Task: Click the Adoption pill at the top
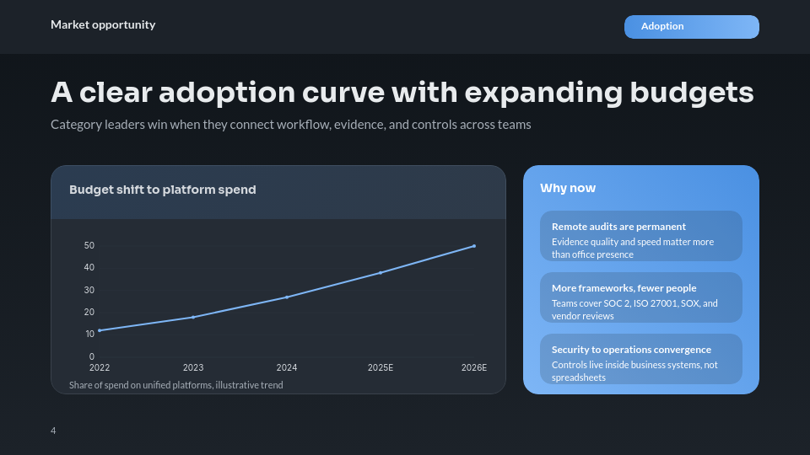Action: click(x=691, y=27)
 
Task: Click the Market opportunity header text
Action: click(x=103, y=24)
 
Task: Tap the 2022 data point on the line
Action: click(x=100, y=330)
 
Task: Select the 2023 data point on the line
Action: click(x=193, y=317)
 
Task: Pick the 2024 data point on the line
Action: click(x=287, y=297)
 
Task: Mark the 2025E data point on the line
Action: click(x=381, y=273)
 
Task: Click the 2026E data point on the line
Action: click(x=474, y=246)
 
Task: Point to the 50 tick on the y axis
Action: click(x=89, y=246)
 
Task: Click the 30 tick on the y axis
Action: click(x=89, y=290)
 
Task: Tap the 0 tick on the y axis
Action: click(x=92, y=356)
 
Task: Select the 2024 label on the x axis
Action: click(x=287, y=368)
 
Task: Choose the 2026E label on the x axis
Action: click(x=474, y=368)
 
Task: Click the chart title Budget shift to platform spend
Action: click(x=162, y=190)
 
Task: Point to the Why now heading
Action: click(x=568, y=188)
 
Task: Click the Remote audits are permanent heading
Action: click(x=618, y=227)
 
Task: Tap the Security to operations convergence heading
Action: click(x=631, y=350)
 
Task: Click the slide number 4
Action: click(x=53, y=431)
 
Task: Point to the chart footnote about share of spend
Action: click(x=176, y=385)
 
